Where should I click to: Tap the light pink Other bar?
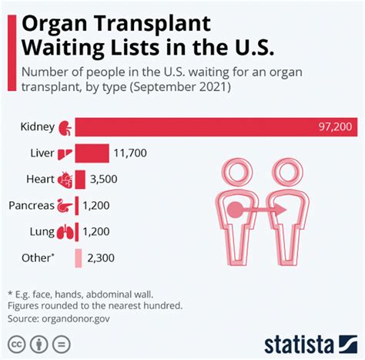(x=79, y=258)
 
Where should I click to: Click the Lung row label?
(x=41, y=232)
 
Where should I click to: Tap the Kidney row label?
(x=36, y=125)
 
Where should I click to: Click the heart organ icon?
(x=66, y=179)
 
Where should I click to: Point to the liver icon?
(x=66, y=153)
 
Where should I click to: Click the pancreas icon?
(x=66, y=206)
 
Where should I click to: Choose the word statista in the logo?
(x=304, y=340)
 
